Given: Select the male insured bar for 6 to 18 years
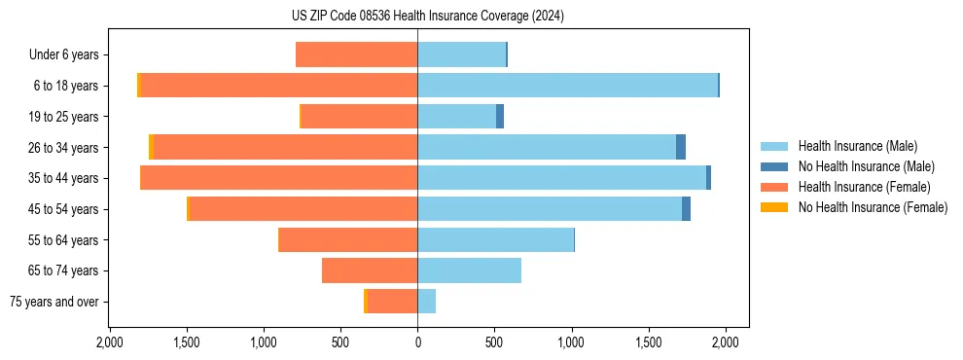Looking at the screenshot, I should [x=664, y=86].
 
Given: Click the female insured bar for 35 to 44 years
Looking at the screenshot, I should [x=279, y=178].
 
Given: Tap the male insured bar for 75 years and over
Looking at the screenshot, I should [x=426, y=302].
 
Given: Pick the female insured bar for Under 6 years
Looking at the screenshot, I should [x=356, y=54].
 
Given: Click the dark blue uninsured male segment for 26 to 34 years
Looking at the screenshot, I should [x=681, y=147].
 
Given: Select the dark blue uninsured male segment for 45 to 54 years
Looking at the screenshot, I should [x=686, y=209].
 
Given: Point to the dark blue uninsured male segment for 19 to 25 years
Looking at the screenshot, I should [x=500, y=117].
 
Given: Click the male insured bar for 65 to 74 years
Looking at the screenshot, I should [x=469, y=270].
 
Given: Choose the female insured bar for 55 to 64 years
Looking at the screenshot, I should [x=348, y=240].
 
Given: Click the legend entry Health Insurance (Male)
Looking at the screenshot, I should [x=857, y=146].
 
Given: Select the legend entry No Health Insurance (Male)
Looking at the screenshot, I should [x=864, y=166].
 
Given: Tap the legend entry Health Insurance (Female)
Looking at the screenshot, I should [x=864, y=187].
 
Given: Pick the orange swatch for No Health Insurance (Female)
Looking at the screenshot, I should [x=774, y=207].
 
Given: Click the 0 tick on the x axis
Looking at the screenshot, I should [x=417, y=342].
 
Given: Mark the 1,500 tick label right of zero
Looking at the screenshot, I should [x=649, y=342].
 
